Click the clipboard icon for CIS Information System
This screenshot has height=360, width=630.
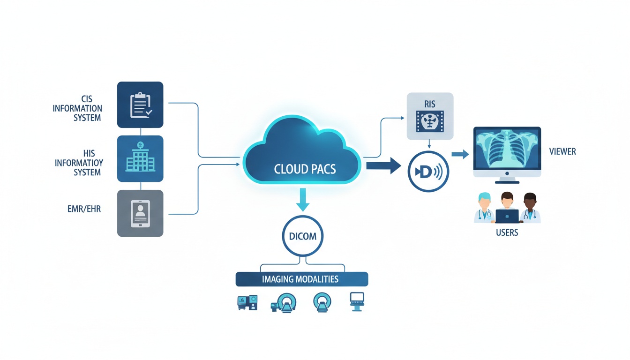140,105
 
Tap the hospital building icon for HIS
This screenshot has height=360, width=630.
140,158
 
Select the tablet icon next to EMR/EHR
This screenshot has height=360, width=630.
140,213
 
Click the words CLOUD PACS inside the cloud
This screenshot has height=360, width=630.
305,169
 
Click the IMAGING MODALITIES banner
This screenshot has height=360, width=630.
301,279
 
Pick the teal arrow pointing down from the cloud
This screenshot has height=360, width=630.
303,199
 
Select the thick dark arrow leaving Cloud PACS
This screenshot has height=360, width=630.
383,165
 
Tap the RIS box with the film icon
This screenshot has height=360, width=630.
430,116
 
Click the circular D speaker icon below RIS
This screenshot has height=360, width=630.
428,172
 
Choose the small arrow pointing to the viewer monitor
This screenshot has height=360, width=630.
460,154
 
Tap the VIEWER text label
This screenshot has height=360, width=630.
562,152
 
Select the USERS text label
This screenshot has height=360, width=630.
507,232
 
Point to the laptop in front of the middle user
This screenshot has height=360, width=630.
507,216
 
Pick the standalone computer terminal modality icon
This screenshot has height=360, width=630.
357,301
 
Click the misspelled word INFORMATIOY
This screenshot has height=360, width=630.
79,163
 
